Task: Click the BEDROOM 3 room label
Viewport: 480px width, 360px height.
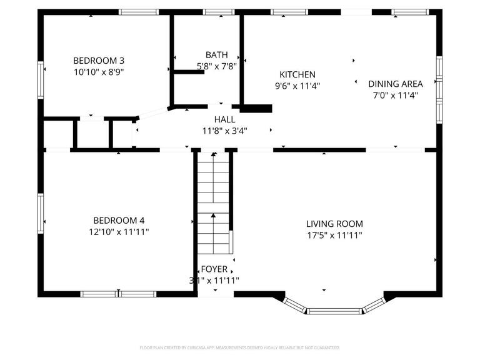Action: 99,61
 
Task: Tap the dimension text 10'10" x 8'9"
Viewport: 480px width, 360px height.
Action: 99,72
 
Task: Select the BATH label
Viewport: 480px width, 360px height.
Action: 216,54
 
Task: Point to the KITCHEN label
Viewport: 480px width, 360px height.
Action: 297,74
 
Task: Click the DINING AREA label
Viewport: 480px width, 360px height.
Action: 395,84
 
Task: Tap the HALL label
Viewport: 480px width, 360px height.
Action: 224,119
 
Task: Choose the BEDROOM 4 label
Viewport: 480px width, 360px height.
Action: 119,220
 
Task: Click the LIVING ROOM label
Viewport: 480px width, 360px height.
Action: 334,224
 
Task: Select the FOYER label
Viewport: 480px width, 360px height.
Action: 214,269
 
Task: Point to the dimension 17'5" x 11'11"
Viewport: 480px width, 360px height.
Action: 334,235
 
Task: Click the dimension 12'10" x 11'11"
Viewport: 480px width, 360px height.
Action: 119,232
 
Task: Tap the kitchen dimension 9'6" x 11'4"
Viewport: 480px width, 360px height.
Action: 297,86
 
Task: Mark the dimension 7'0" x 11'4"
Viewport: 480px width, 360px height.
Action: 395,95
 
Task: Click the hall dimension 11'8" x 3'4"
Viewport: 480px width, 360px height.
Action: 224,131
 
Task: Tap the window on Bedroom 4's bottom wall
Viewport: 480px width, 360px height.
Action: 119,294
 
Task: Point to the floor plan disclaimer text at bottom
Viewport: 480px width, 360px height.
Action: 240,347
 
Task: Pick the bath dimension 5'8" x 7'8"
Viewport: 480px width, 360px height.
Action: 216,66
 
